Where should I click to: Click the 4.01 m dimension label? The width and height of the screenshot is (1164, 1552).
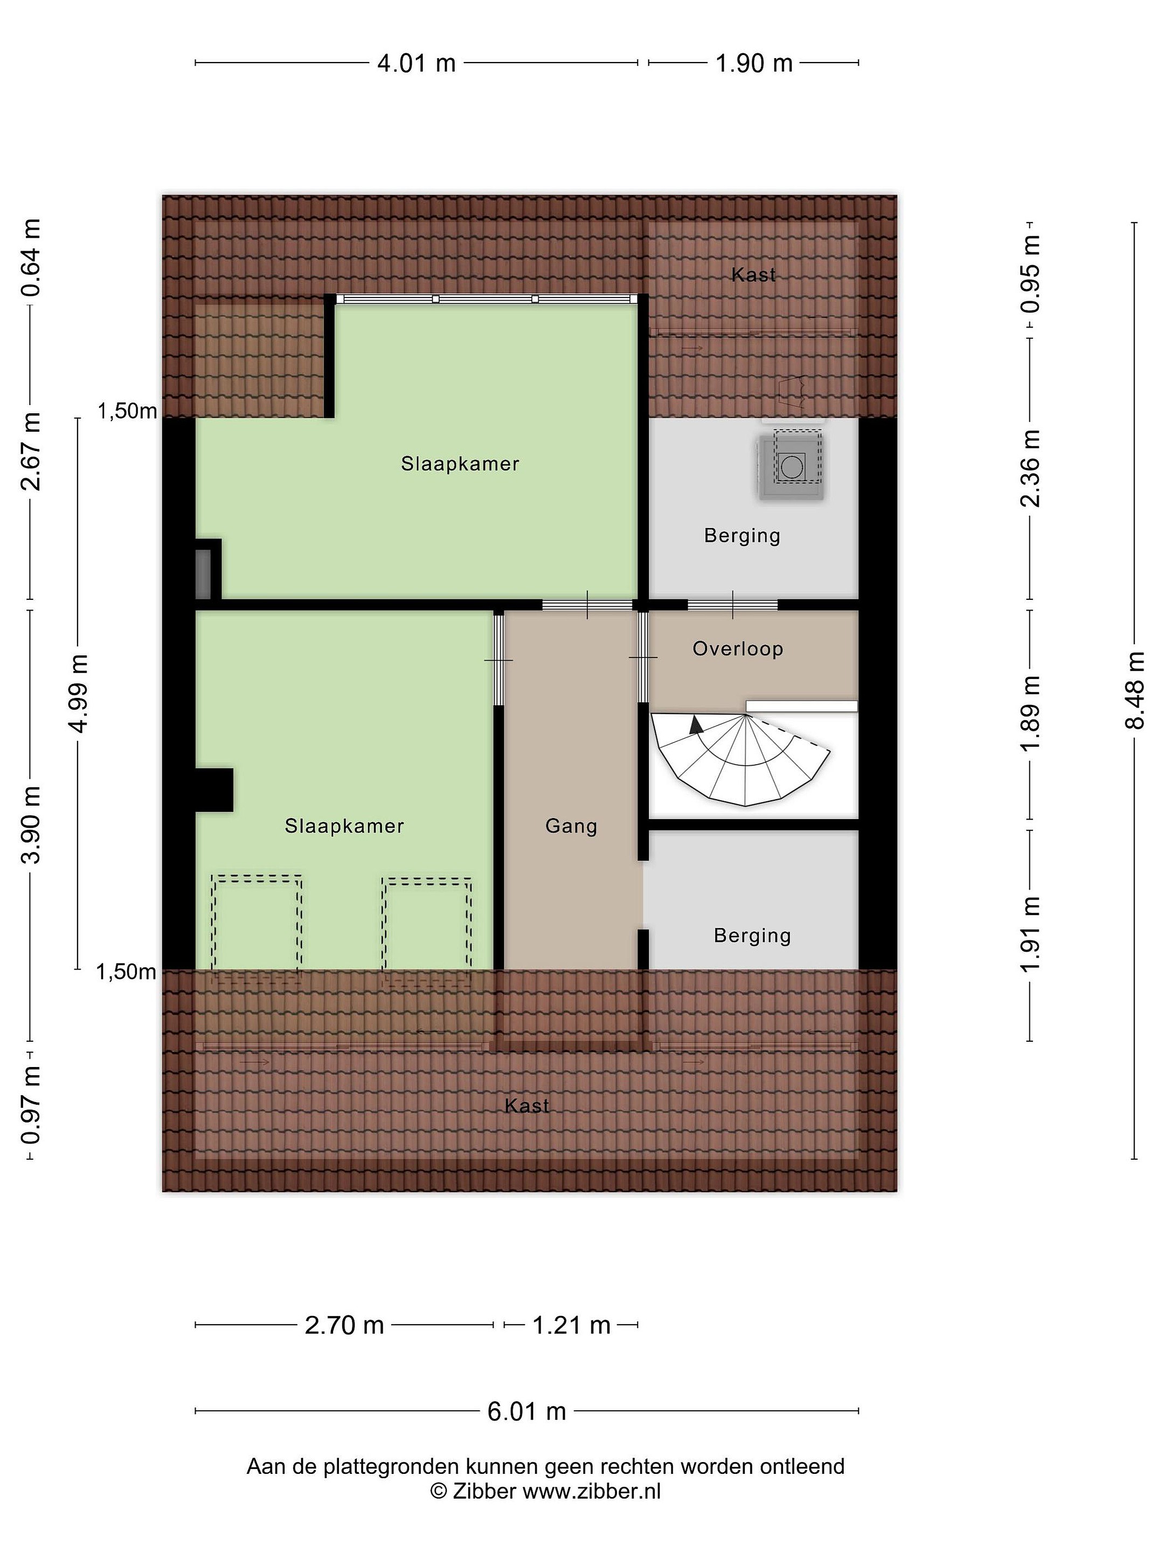[416, 63]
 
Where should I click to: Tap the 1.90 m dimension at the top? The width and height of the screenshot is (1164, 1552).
[753, 63]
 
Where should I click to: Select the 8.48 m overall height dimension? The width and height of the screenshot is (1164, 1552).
[1134, 690]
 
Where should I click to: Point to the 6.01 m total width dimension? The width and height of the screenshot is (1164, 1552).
[526, 1411]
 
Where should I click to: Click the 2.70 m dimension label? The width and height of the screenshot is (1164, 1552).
[344, 1325]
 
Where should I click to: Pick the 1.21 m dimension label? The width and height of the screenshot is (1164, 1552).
[571, 1325]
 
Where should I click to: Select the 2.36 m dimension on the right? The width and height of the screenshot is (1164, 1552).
[1030, 468]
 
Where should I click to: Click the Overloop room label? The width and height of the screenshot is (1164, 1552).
[737, 649]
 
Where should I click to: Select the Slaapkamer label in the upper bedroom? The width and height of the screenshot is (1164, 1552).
[460, 464]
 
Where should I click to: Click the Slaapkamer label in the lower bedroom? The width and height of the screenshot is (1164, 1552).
[344, 826]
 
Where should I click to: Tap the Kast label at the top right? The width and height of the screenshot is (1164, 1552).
[753, 275]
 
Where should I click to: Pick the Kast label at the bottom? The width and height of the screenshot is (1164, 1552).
[526, 1106]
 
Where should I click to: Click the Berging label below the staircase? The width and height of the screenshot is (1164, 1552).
[752, 936]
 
